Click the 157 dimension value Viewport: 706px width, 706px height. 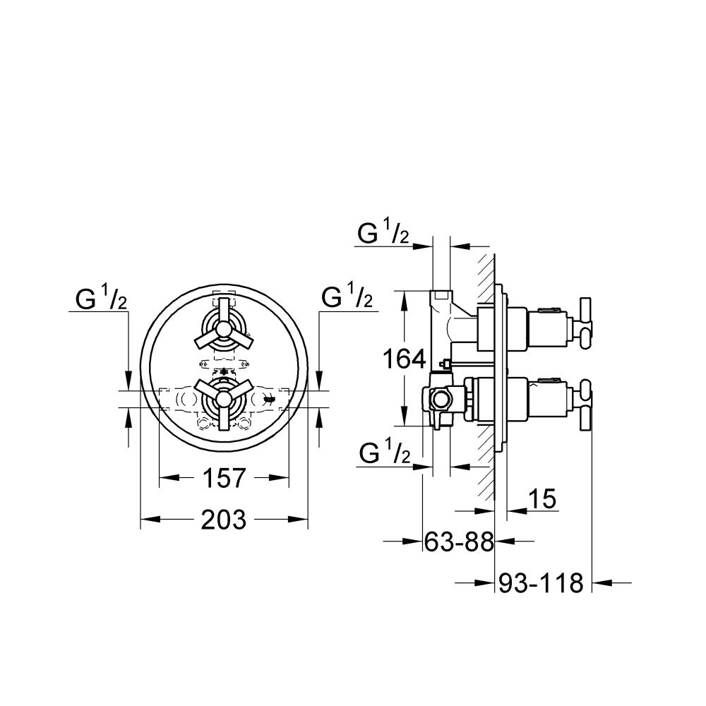point(224,478)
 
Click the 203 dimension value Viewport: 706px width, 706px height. point(224,520)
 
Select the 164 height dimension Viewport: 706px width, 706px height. point(404,359)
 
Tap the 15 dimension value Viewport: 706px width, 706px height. point(542,499)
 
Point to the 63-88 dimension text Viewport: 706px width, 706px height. point(459,542)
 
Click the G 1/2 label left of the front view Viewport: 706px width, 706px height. point(101,299)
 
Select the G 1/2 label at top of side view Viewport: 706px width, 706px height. point(383,234)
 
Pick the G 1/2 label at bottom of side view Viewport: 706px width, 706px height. point(385,454)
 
